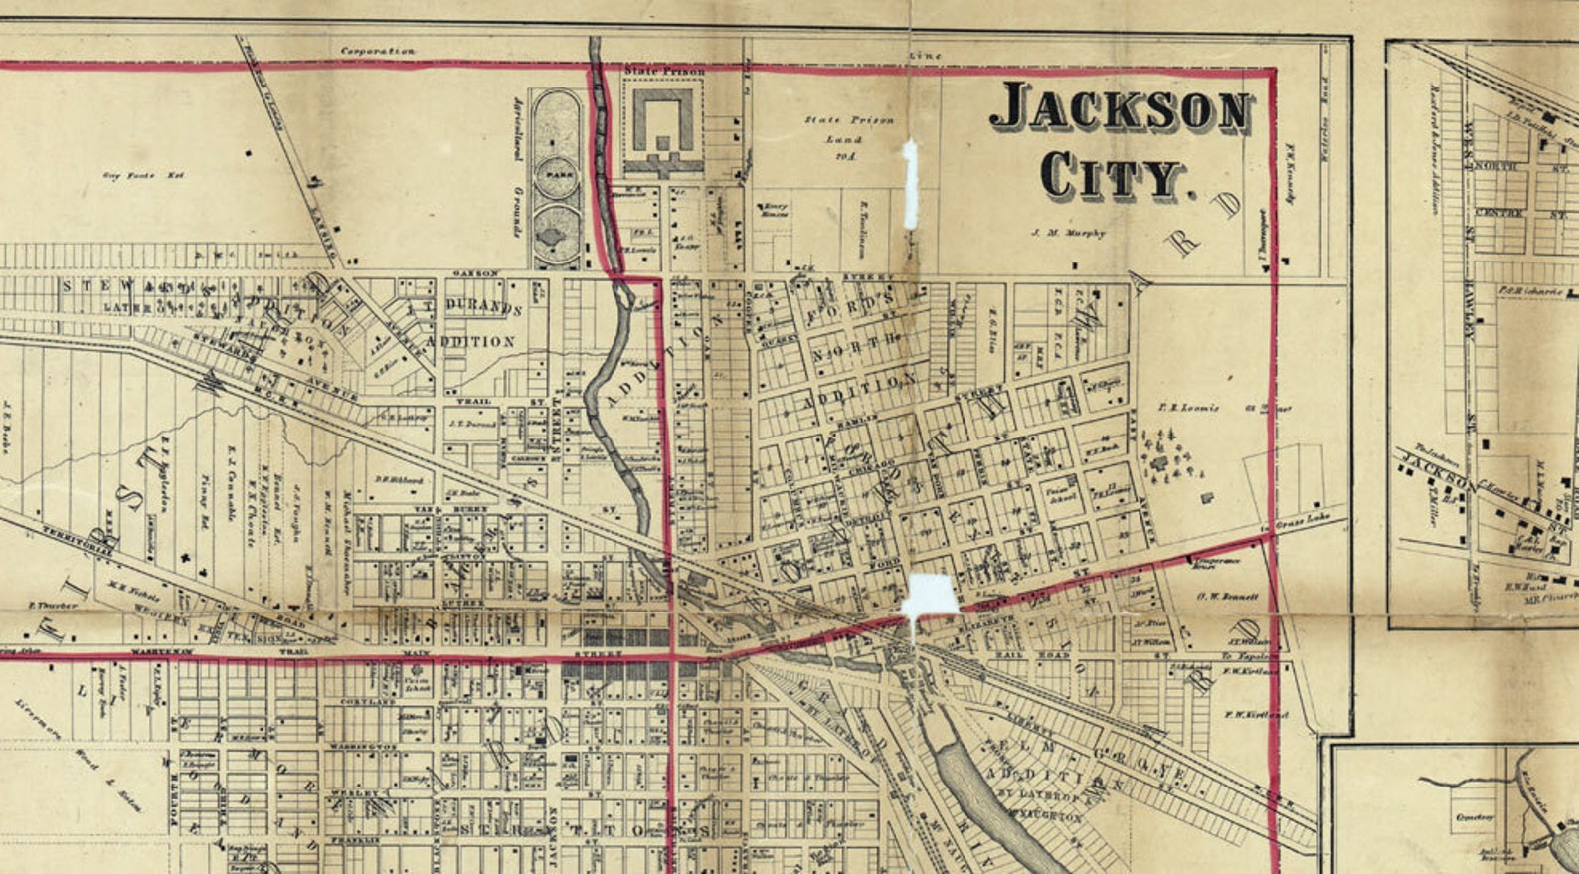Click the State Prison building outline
click(662, 123)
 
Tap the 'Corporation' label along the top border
click(378, 51)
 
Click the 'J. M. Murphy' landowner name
click(1068, 234)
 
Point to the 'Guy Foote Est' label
click(144, 176)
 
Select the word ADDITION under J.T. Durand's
click(470, 341)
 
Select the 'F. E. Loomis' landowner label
click(1188, 408)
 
